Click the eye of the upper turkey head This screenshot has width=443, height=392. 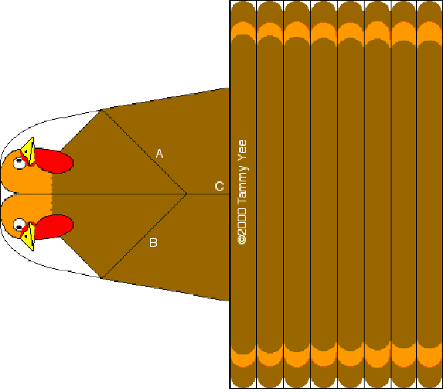pos(19,163)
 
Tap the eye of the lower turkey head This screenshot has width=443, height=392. pos(19,225)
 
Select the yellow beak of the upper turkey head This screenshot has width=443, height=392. pos(28,151)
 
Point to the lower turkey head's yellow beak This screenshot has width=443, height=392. pos(28,237)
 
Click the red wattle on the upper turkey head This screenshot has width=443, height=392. pos(53,161)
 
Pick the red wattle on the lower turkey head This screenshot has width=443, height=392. pos(53,227)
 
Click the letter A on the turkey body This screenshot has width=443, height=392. pos(159,154)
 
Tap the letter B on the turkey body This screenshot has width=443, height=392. pos(153,243)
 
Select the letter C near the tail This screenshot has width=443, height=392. pos(219,187)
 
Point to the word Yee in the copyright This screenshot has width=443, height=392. pos(242,150)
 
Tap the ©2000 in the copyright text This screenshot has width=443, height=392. pos(242,226)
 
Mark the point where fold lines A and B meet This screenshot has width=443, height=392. pos(186,194)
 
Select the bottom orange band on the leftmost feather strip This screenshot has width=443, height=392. pos(243,357)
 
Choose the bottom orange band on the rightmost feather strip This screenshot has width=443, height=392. pos(429,354)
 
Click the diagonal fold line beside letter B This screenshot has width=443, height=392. pos(144,236)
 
